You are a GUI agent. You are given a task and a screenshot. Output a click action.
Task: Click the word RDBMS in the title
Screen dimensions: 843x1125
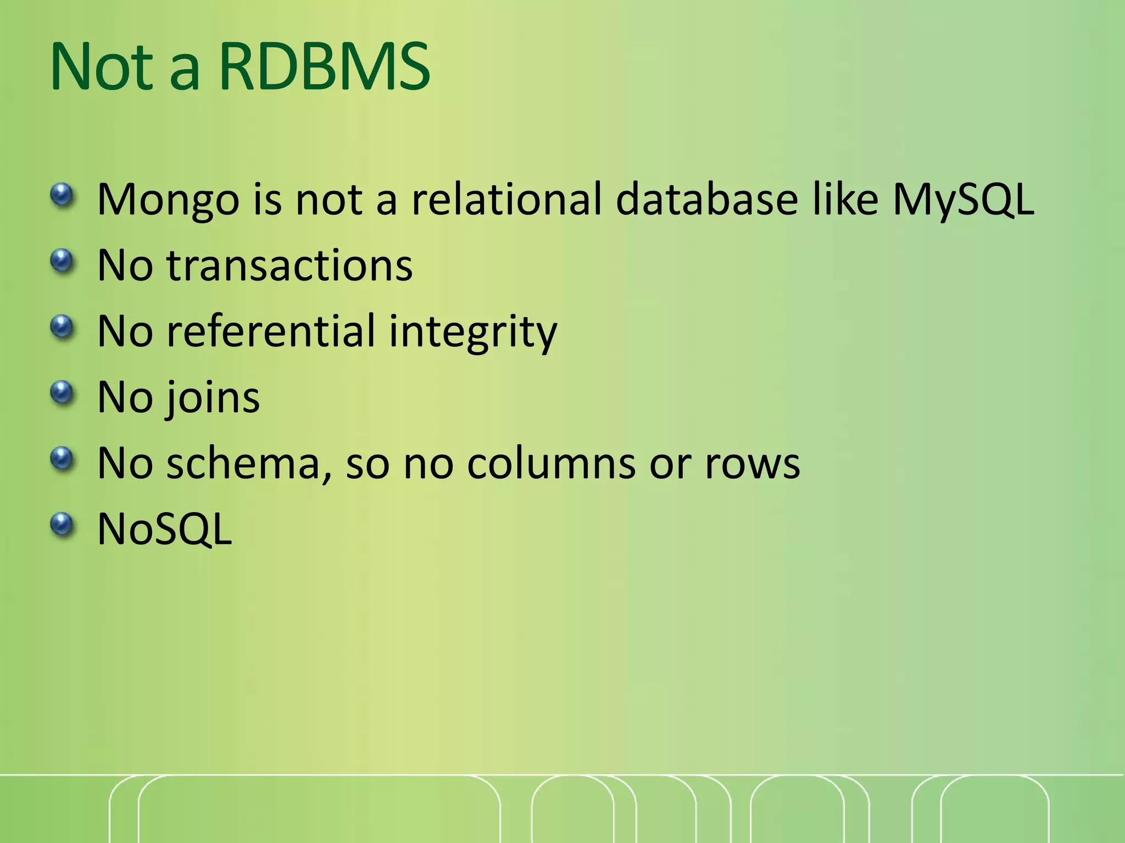[324, 67]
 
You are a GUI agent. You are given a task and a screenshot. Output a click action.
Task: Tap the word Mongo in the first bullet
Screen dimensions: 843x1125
[168, 200]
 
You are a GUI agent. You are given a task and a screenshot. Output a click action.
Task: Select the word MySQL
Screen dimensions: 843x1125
[963, 200]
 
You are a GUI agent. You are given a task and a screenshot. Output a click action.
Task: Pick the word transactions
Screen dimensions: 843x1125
[289, 266]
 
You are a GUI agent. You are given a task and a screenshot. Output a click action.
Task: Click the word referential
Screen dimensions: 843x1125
[271, 331]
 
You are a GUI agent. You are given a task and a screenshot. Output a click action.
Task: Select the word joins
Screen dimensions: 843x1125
[212, 398]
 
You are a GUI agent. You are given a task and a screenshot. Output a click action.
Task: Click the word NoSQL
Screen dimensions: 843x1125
[165, 530]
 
